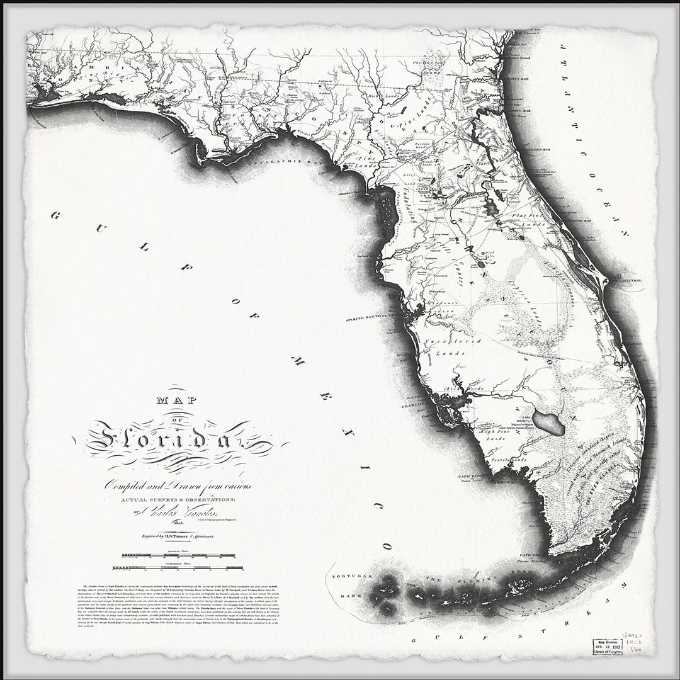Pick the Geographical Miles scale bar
point(178,567)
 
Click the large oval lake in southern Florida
point(548,424)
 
